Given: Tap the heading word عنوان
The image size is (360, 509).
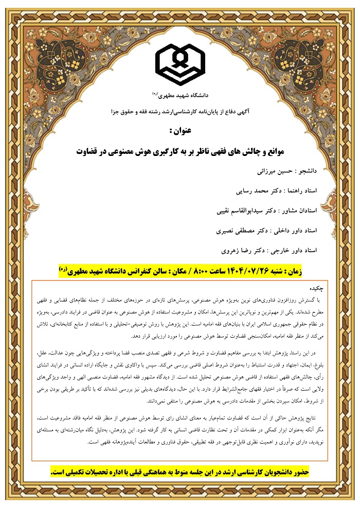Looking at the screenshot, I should click(180, 131).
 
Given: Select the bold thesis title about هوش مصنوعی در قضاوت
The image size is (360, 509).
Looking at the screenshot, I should click(180, 152).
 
